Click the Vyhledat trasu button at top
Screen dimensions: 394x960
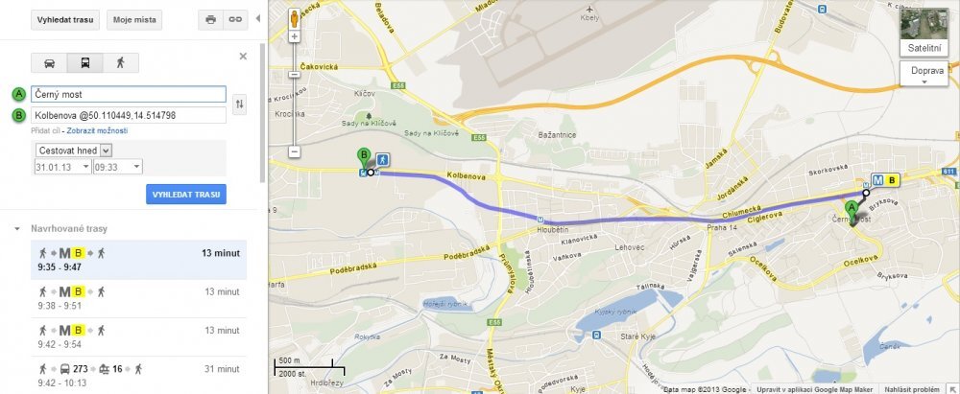[66, 19]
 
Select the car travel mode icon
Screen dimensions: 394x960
[50, 63]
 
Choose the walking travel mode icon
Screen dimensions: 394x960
[121, 63]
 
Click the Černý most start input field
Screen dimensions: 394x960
[128, 95]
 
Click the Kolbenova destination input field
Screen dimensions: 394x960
[128, 116]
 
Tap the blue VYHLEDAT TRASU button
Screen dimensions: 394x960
[186, 195]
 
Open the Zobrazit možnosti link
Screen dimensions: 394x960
[97, 130]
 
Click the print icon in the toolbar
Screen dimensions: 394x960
[210, 19]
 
